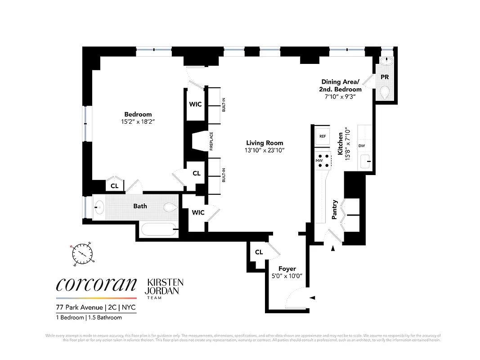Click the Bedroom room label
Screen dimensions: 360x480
tap(138, 114)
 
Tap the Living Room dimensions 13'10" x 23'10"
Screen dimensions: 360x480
tap(265, 150)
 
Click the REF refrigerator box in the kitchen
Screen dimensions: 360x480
tap(322, 136)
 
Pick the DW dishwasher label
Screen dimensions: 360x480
tap(361, 146)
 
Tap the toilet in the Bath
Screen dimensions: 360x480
tap(170, 207)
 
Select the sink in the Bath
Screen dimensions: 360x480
tap(99, 207)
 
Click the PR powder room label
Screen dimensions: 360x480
tap(385, 77)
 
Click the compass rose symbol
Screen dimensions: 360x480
tap(82, 254)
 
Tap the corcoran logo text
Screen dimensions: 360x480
tap(96, 284)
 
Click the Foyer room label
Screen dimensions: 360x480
tap(287, 269)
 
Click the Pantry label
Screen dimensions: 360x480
tap(334, 210)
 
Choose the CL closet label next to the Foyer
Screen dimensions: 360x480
tap(259, 252)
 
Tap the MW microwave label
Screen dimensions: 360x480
tap(319, 160)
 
